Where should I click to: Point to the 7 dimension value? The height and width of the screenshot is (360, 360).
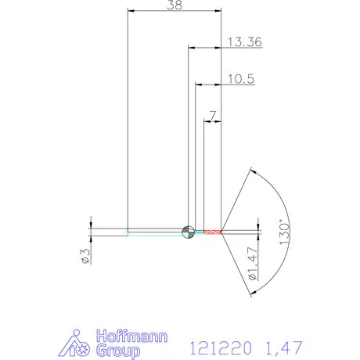[x=212, y=115]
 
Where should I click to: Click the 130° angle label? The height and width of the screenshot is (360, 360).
[x=285, y=231]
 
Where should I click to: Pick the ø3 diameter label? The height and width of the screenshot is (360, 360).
[x=87, y=254]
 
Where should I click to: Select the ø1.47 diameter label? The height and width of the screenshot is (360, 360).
[x=252, y=265]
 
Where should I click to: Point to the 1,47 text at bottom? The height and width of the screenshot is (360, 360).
[x=275, y=345]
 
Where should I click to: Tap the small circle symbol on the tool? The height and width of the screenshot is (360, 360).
[x=188, y=231]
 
